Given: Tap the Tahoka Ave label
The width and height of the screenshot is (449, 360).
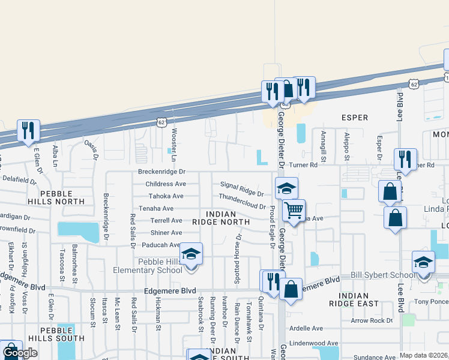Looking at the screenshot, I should [x=166, y=196].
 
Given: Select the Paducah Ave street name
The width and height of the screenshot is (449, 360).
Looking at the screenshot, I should [x=161, y=245].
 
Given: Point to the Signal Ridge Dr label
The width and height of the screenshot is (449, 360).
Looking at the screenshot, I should [x=242, y=189].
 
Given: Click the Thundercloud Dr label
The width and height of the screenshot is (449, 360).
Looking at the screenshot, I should [x=242, y=201].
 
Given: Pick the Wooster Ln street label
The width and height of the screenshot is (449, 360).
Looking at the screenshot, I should [x=174, y=145].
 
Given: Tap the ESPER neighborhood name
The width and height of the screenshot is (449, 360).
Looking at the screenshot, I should [x=354, y=118].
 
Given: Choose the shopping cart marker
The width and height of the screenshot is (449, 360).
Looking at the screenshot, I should [x=294, y=211].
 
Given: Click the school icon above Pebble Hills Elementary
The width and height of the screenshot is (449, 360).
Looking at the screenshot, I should [x=191, y=254].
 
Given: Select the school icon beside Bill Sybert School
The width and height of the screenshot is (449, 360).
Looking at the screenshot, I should [x=423, y=262].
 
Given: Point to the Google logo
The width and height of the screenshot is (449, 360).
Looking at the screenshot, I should [x=20, y=353].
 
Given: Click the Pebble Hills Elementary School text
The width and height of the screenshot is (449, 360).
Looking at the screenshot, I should [x=148, y=266].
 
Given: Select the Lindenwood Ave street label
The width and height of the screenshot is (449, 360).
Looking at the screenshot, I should [x=314, y=343].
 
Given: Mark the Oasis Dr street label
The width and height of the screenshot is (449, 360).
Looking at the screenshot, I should [x=91, y=149].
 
